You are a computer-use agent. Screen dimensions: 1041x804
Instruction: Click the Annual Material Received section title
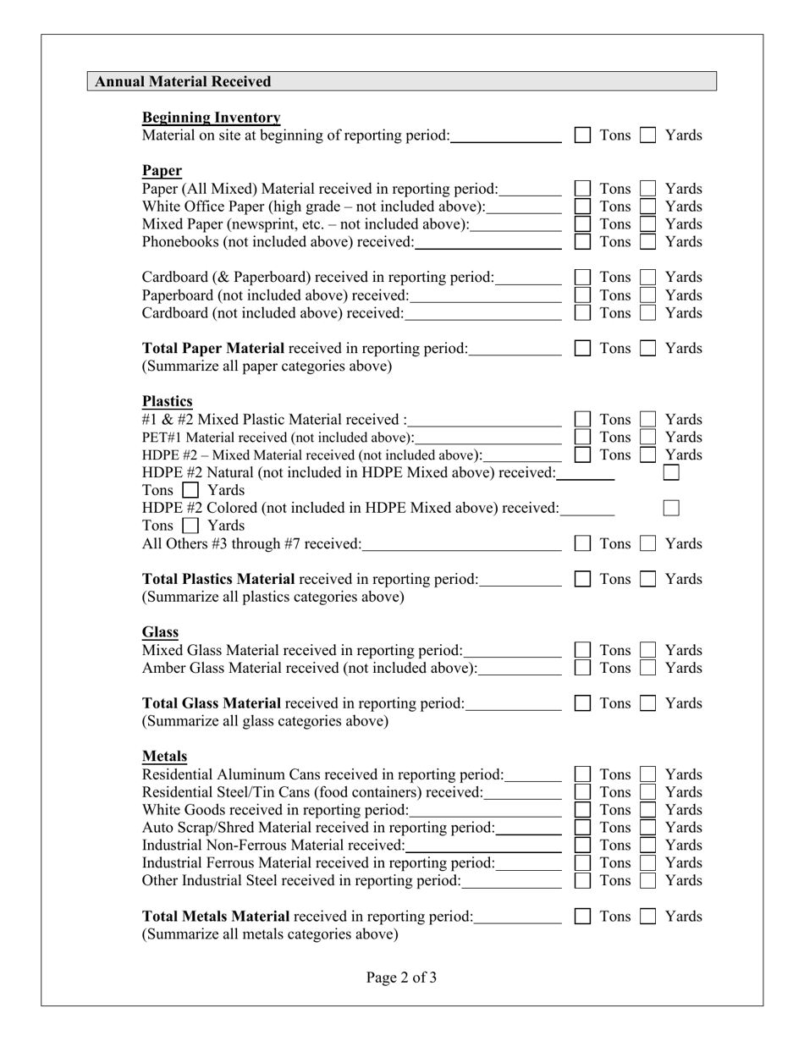click(183, 81)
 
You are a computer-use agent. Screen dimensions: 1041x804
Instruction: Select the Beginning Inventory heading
click(211, 117)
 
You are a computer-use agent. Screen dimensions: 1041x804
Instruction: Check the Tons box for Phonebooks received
click(582, 242)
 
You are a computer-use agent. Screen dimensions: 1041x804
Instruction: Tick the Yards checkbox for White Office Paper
click(647, 207)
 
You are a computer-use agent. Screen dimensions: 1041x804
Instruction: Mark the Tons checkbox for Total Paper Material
click(582, 349)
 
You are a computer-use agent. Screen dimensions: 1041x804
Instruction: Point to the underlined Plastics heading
click(167, 401)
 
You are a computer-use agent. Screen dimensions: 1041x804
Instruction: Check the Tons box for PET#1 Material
click(582, 438)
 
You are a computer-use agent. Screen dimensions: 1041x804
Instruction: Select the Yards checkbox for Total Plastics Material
click(647, 580)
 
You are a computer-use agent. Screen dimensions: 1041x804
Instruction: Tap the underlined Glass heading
click(160, 632)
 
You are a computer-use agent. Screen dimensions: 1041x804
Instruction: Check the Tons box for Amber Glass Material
click(582, 669)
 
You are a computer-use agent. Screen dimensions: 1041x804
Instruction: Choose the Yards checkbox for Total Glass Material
click(647, 704)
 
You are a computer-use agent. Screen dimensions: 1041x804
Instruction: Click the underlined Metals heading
click(164, 756)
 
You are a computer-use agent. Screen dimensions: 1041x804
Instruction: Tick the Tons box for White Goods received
click(582, 810)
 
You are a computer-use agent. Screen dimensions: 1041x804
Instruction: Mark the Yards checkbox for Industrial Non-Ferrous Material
click(647, 845)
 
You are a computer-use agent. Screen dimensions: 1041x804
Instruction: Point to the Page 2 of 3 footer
click(401, 978)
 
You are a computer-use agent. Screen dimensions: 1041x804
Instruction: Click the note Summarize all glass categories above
click(265, 721)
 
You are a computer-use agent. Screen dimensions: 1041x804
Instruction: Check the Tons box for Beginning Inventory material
click(582, 135)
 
